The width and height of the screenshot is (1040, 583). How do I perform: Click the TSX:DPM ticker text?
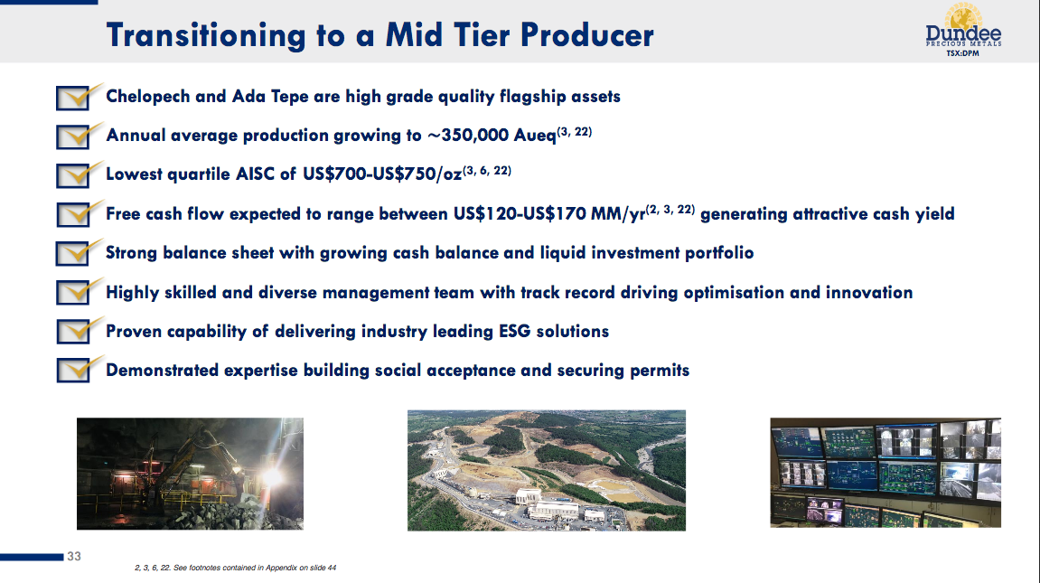(x=962, y=53)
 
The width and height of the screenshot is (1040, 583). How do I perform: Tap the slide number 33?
(x=73, y=557)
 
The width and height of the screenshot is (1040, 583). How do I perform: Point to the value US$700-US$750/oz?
(x=382, y=174)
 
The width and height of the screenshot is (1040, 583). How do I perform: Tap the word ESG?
(x=515, y=331)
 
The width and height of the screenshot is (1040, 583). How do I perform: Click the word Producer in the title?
(x=587, y=35)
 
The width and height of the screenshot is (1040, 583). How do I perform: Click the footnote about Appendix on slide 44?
(x=236, y=568)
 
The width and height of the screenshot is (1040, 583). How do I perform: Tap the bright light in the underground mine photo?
(x=272, y=476)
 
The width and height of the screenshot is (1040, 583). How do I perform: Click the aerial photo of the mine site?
(x=547, y=470)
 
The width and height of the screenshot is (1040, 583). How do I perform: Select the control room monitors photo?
(x=885, y=473)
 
